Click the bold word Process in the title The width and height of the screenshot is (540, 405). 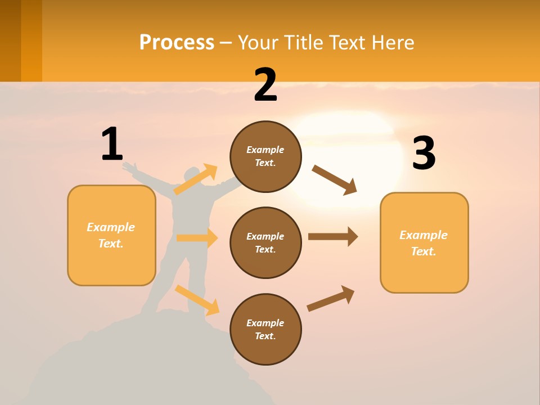coord(177,42)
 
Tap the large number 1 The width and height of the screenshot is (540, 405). coord(112,144)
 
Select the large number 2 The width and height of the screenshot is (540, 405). coord(265,85)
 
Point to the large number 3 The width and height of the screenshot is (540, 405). coord(424,153)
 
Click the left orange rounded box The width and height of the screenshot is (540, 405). coord(111,235)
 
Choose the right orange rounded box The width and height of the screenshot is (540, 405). coord(424,242)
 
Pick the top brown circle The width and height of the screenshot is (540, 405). coord(265,156)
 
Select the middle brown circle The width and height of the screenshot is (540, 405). coord(265,242)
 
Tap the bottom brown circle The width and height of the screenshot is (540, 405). coord(265,329)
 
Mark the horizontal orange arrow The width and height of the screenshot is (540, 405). coord(197,238)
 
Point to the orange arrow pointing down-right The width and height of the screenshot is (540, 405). coord(197,300)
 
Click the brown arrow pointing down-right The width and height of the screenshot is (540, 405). coord(335,180)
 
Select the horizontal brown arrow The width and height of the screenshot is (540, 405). coord(333,236)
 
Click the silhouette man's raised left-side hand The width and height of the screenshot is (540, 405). coord(129,166)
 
